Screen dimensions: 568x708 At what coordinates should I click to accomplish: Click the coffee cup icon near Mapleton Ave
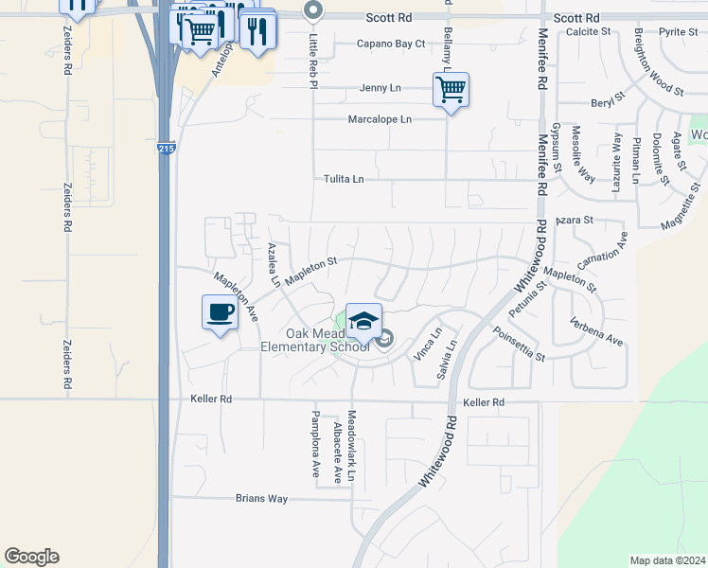click(220, 311)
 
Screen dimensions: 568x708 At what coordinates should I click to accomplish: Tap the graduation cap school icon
click(363, 319)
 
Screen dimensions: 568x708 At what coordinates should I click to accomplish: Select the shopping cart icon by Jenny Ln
click(451, 90)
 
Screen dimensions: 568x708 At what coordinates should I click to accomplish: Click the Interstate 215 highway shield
click(165, 149)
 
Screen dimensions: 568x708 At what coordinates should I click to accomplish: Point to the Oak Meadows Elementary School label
click(315, 341)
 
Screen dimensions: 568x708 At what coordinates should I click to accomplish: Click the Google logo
click(31, 557)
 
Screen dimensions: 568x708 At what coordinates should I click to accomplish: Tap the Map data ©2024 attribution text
click(667, 560)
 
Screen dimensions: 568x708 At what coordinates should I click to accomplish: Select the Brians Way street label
click(261, 498)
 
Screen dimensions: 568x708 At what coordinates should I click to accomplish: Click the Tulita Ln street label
click(344, 179)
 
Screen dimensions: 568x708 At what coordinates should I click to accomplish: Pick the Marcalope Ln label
click(380, 119)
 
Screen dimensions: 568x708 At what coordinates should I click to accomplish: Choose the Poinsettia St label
click(519, 344)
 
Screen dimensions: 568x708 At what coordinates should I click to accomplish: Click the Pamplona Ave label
click(316, 444)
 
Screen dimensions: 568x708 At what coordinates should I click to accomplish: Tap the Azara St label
click(574, 220)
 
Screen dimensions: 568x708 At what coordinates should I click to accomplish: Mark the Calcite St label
click(588, 31)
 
